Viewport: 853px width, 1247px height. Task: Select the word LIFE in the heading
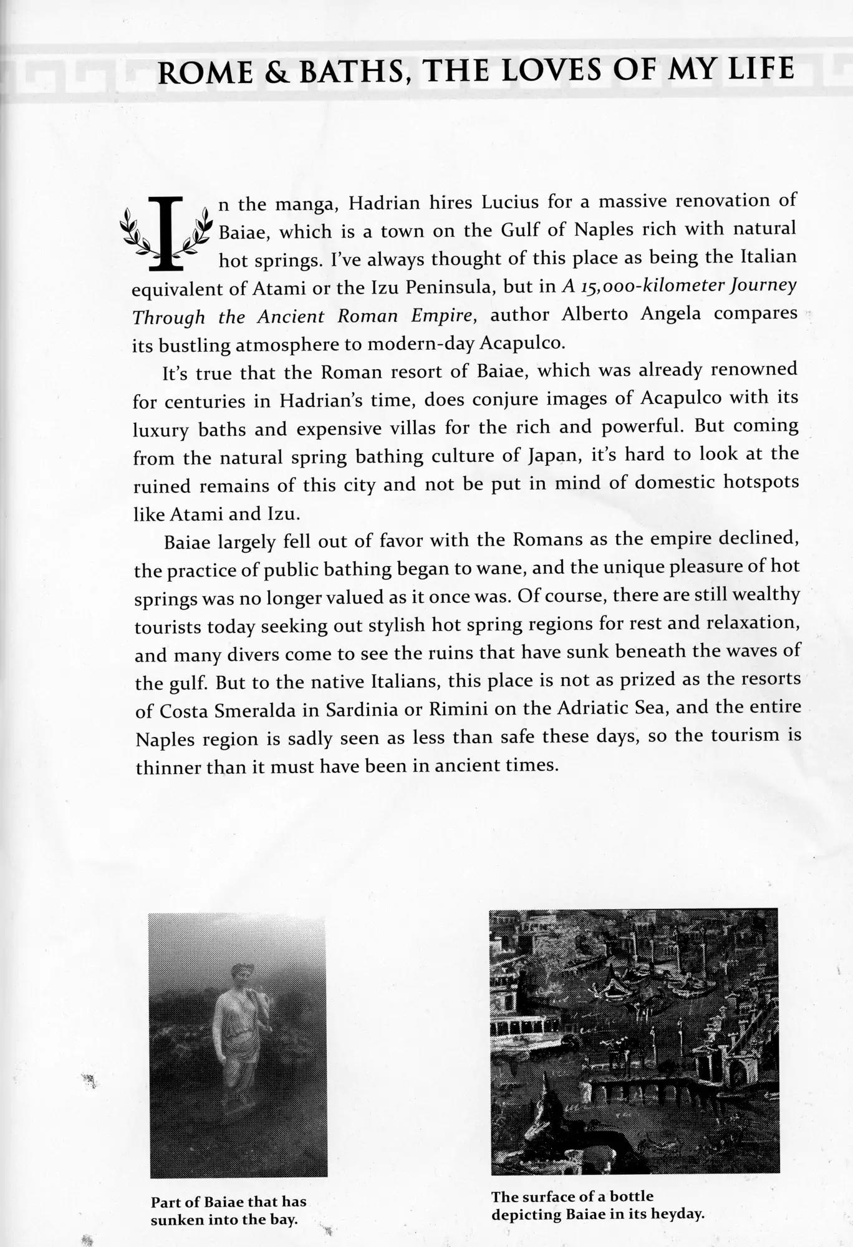762,69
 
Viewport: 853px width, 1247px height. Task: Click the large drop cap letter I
166,233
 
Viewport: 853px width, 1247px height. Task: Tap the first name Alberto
595,315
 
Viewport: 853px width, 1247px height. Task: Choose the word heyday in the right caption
676,1215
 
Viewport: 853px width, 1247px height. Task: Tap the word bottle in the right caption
631,1196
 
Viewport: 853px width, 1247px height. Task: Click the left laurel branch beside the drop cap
135,234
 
